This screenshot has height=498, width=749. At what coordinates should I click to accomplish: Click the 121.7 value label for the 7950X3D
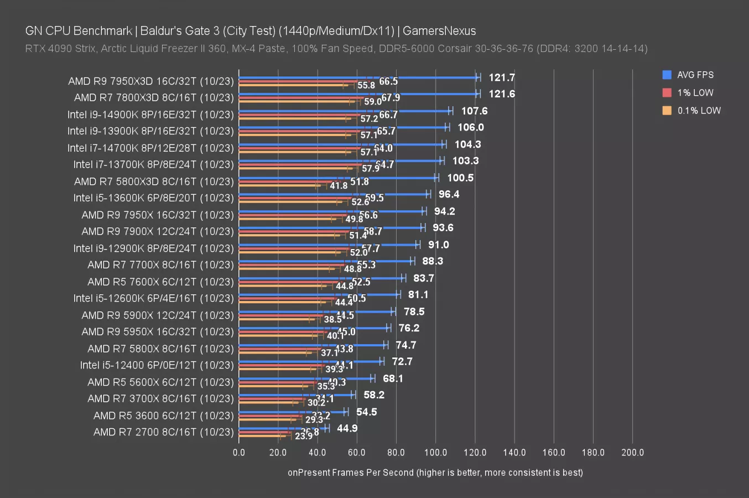click(x=501, y=77)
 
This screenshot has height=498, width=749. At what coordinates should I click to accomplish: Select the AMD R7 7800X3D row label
click(x=154, y=98)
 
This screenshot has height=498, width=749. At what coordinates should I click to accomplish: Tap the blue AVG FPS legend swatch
click(x=667, y=75)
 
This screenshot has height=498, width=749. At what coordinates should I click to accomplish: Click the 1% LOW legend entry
click(x=695, y=93)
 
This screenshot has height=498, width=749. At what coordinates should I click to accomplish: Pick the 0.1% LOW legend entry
click(x=699, y=111)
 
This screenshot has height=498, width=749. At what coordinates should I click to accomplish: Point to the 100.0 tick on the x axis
click(x=435, y=453)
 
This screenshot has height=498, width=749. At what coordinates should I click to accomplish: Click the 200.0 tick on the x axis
click(x=632, y=453)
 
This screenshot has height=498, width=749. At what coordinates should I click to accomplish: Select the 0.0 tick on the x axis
click(x=239, y=453)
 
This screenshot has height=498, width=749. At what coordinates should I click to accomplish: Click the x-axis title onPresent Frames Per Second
click(x=435, y=473)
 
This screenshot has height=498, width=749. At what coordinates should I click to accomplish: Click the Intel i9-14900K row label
click(x=150, y=115)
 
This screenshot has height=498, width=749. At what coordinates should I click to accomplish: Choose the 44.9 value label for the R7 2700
click(x=347, y=428)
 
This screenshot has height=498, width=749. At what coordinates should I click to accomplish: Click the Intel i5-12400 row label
click(x=157, y=365)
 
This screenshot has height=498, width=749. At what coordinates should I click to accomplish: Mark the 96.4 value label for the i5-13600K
click(x=449, y=194)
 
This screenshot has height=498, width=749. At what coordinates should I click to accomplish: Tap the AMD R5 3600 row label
click(x=163, y=416)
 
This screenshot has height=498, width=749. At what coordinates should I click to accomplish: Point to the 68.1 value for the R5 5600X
click(x=393, y=378)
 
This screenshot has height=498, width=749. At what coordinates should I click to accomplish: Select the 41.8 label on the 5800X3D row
click(x=339, y=186)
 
